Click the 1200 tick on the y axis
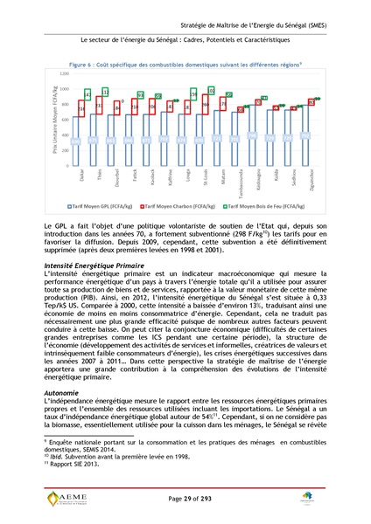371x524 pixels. click(x=63, y=75)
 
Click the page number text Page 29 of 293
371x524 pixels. click(x=185, y=495)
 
